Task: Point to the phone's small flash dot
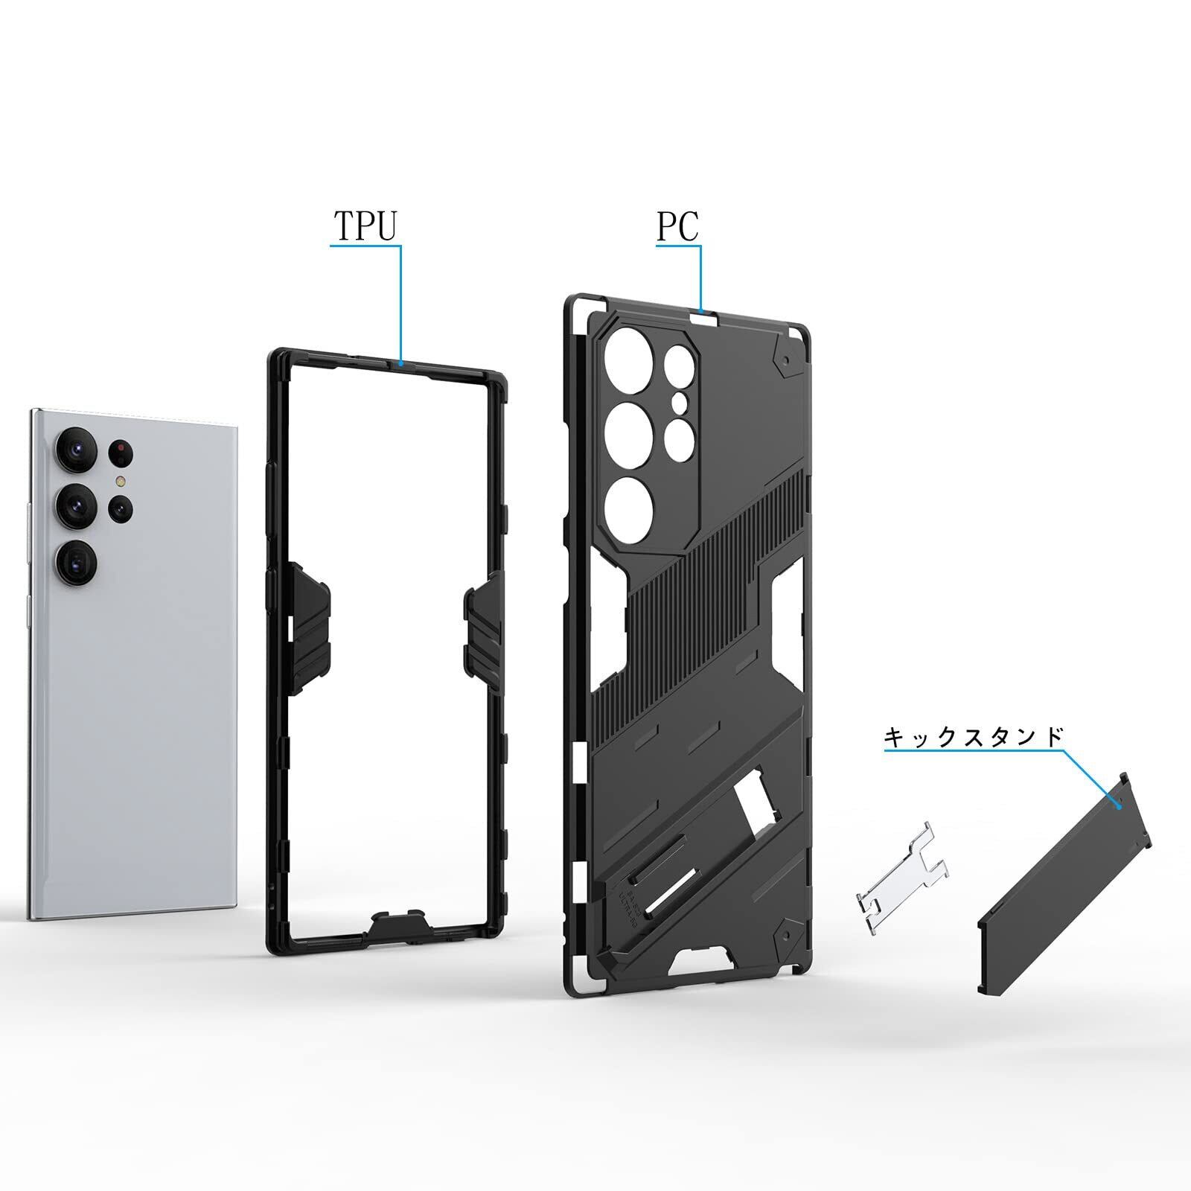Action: click(x=120, y=482)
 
